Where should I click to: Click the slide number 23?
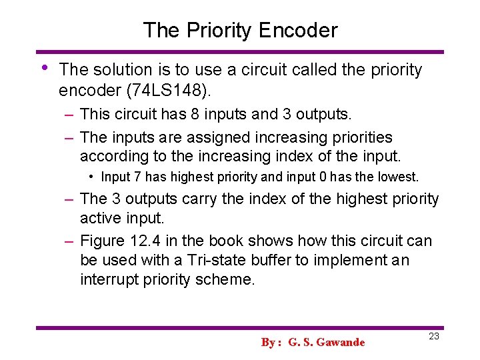pos(434,337)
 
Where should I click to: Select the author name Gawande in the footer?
pos(341,343)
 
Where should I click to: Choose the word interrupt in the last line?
pos(109,279)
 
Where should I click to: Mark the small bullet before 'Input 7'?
pos(92,177)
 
